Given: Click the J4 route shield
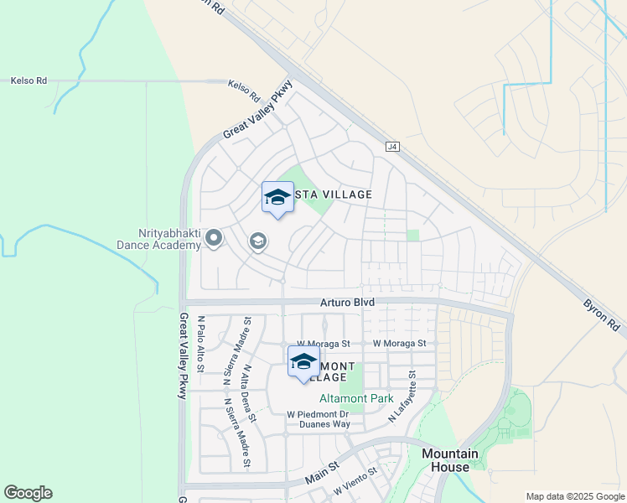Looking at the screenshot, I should [x=393, y=147].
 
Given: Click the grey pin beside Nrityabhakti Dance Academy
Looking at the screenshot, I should [x=214, y=240].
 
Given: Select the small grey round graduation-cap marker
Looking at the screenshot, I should [x=258, y=242].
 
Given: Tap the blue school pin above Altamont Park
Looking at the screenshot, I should [x=303, y=363].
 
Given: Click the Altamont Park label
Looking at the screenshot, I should [x=357, y=399].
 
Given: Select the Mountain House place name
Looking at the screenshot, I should [x=449, y=460].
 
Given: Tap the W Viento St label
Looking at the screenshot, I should [x=356, y=481].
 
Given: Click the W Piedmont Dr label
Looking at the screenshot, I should [x=318, y=414].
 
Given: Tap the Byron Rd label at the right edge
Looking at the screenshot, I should [x=604, y=312].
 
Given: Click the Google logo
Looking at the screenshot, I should [x=28, y=493].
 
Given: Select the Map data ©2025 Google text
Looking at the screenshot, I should [x=574, y=496].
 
